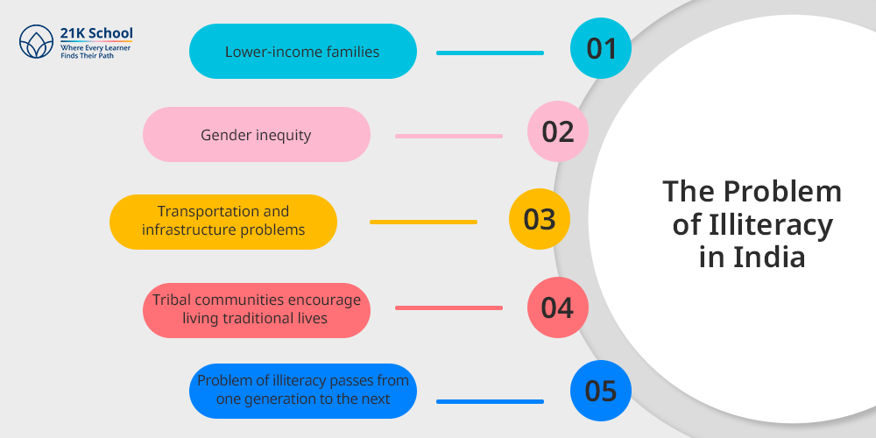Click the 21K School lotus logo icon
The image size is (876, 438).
pyautogui.click(x=36, y=42)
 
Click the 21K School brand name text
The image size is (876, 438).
pyautogui.click(x=96, y=33)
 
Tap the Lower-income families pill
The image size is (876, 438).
pyautogui.click(x=303, y=52)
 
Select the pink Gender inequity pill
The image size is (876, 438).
pyautogui.click(x=257, y=135)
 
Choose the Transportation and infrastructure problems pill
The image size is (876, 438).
pyautogui.click(x=223, y=222)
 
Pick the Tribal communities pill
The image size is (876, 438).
pyautogui.click(x=257, y=310)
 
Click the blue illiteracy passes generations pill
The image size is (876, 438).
pyautogui.click(x=303, y=391)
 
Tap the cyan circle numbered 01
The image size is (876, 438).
pyautogui.click(x=601, y=48)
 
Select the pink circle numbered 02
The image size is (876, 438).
pyautogui.click(x=558, y=131)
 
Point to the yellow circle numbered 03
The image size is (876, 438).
pyautogui.click(x=540, y=219)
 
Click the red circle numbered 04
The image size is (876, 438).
pyautogui.click(x=558, y=307)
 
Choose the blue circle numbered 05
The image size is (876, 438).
pyautogui.click(x=601, y=391)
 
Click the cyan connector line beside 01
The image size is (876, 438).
pyautogui.click(x=490, y=53)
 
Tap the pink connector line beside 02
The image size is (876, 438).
pyautogui.click(x=449, y=137)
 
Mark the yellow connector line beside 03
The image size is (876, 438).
pyautogui.click(x=423, y=223)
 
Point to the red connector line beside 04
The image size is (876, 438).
pyautogui.click(x=449, y=307)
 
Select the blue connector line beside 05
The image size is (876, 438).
pyautogui.click(x=490, y=402)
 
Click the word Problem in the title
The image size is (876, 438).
pyautogui.click(x=783, y=192)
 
